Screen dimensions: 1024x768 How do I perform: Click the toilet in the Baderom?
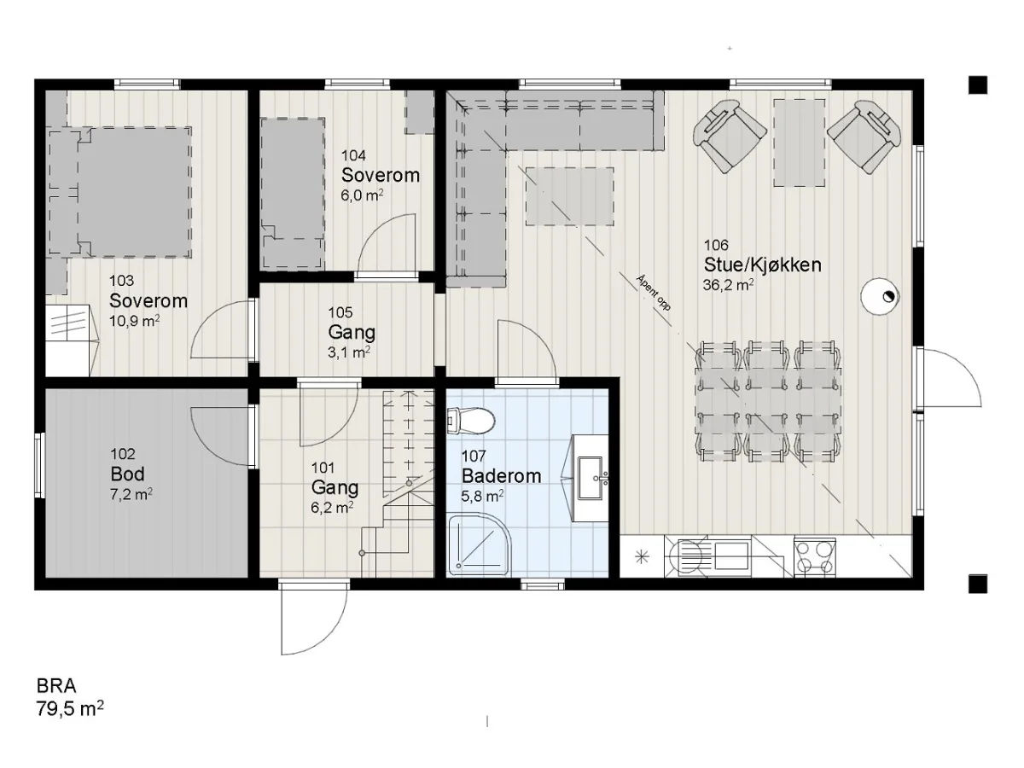click(470, 421)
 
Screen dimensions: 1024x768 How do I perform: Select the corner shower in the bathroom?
click(479, 544)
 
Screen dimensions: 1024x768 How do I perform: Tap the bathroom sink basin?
click(591, 478)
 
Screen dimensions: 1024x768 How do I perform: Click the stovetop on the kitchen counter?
click(814, 557)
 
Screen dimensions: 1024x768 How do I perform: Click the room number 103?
click(121, 281)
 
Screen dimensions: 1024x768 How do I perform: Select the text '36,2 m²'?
click(728, 284)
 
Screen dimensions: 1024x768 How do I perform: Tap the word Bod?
click(127, 474)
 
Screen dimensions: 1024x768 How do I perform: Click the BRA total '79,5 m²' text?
click(70, 709)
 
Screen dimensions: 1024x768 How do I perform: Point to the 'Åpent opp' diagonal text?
click(654, 293)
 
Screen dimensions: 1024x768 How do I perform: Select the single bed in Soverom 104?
click(292, 194)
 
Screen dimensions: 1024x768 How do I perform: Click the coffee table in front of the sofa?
click(570, 197)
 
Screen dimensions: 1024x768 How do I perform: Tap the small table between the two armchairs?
click(799, 143)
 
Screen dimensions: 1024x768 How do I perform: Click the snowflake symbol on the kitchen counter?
click(642, 556)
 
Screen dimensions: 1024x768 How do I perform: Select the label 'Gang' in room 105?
click(352, 333)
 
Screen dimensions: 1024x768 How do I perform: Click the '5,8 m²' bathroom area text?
click(482, 496)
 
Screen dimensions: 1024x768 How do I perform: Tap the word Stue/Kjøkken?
click(762, 265)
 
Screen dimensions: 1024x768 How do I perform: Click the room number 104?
click(353, 155)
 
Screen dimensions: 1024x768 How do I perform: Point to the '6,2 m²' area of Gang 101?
click(332, 508)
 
